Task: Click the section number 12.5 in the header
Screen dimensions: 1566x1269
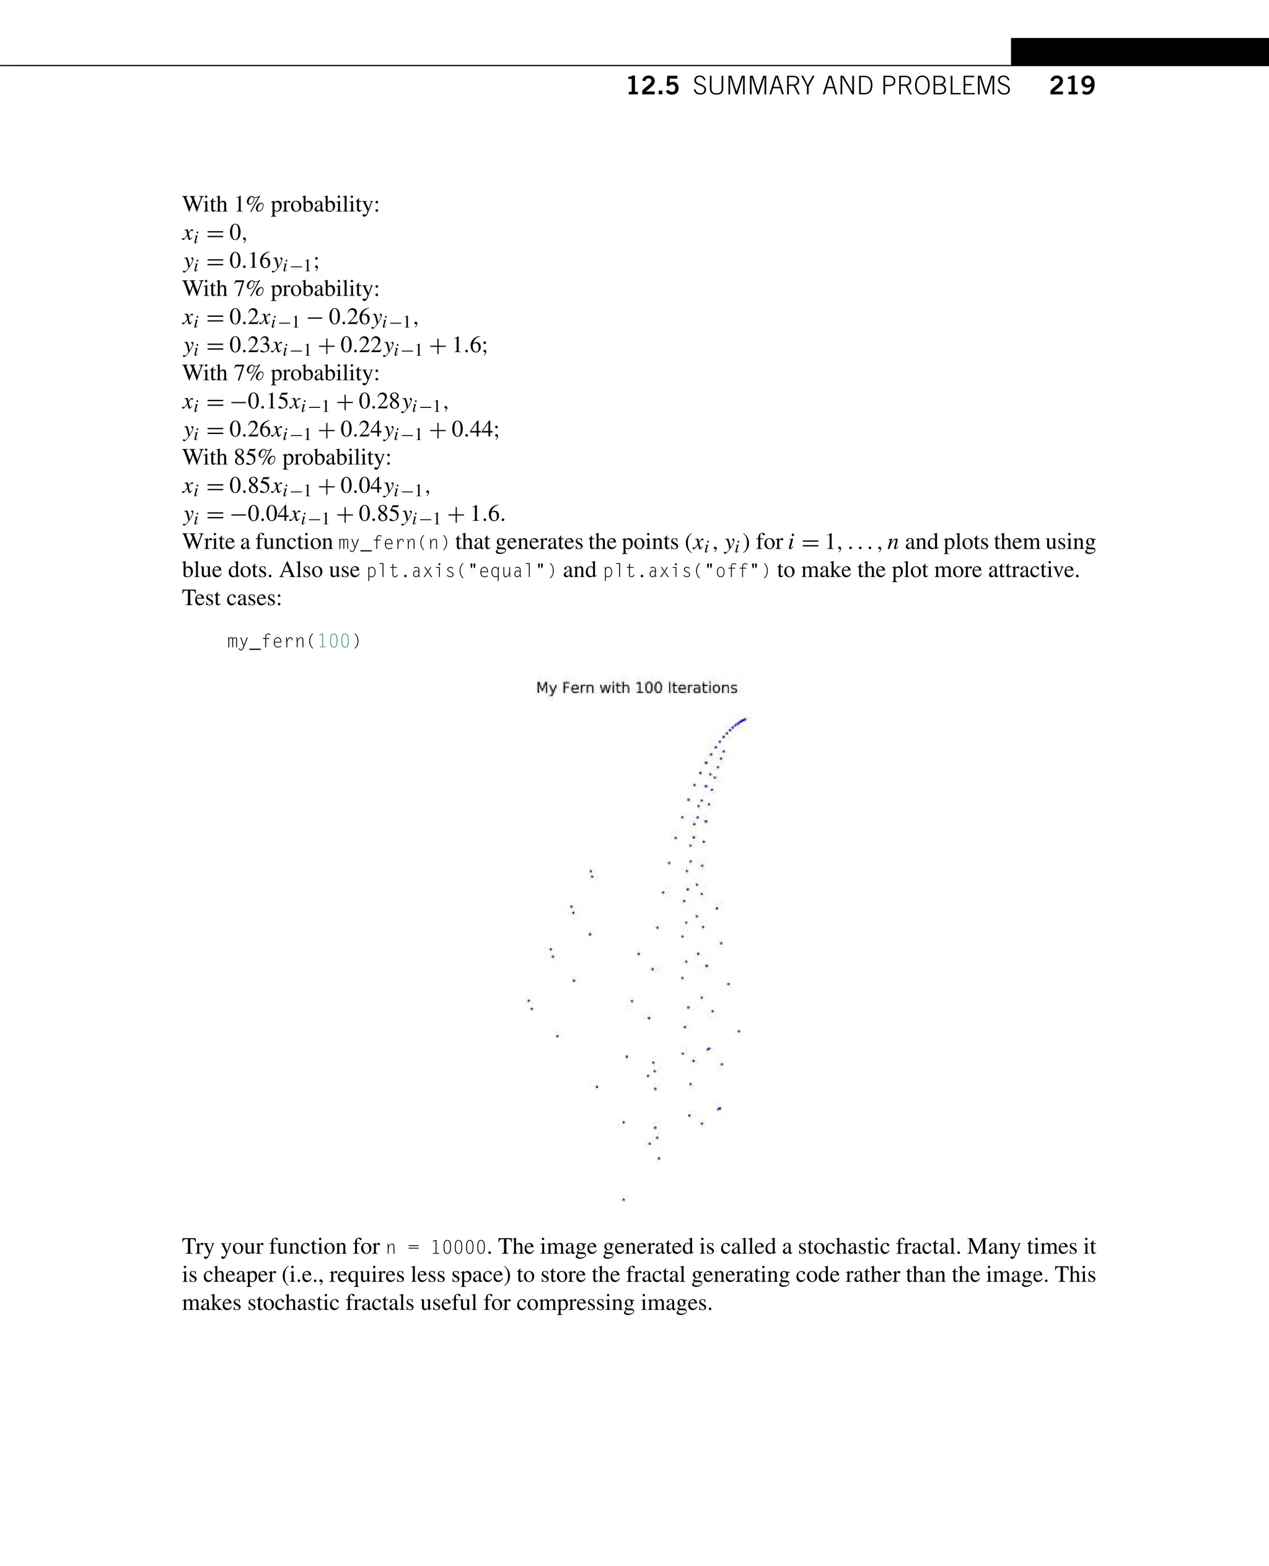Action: [x=652, y=86]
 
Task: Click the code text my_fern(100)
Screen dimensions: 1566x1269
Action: [x=294, y=642]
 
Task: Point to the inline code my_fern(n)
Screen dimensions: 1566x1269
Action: [x=394, y=542]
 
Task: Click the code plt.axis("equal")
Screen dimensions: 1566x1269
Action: [x=460, y=571]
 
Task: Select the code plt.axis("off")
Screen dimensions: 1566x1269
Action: [x=687, y=571]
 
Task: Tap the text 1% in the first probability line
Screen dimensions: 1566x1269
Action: [x=248, y=205]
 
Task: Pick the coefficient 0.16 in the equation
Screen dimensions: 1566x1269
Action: [x=250, y=261]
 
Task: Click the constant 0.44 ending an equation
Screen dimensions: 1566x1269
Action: [x=472, y=430]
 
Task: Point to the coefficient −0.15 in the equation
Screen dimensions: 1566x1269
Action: [x=257, y=402]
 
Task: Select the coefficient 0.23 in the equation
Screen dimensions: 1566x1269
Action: [x=250, y=345]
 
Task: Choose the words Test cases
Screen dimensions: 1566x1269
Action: [x=231, y=598]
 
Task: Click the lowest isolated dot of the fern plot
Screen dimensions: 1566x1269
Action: [x=623, y=1199]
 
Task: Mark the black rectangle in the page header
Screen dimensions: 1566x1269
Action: [x=1139, y=52]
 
